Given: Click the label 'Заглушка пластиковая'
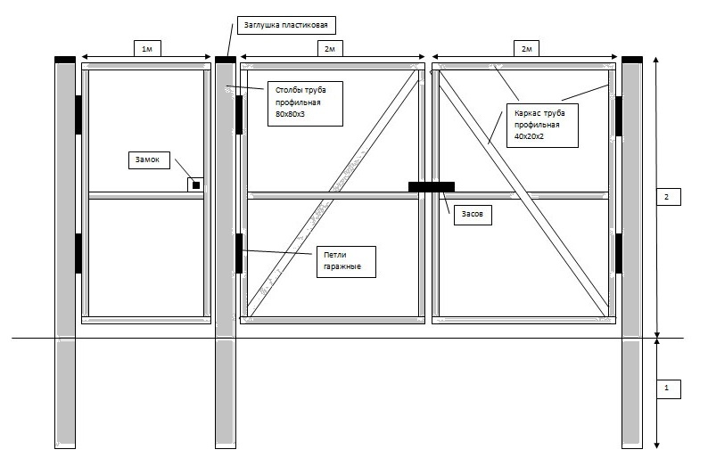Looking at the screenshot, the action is pyautogui.click(x=286, y=25).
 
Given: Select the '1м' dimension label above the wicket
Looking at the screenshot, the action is pyautogui.click(x=147, y=48).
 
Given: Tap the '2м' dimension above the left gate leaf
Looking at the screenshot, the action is pyautogui.click(x=330, y=48).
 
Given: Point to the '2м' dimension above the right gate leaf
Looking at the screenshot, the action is pyautogui.click(x=526, y=48).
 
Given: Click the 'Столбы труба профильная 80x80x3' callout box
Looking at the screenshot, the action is pyautogui.click(x=305, y=103).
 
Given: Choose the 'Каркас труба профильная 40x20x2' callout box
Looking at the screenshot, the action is pyautogui.click(x=542, y=126).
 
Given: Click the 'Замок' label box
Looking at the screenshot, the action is pyautogui.click(x=149, y=159).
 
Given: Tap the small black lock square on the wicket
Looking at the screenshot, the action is pyautogui.click(x=196, y=185).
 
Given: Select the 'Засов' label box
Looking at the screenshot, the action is pyautogui.click(x=473, y=215).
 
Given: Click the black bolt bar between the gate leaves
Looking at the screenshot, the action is pyautogui.click(x=432, y=187).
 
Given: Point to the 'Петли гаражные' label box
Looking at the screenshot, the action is pyautogui.click(x=346, y=262).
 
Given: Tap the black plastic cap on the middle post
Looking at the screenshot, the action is pyautogui.click(x=226, y=60).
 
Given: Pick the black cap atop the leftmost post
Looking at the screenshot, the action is pyautogui.click(x=65, y=60).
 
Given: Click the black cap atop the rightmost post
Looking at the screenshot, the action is pyautogui.click(x=632, y=60).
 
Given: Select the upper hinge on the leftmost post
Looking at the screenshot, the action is pyautogui.click(x=78, y=115).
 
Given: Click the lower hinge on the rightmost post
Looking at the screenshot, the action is pyautogui.click(x=619, y=253).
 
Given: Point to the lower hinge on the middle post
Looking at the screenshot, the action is pyautogui.click(x=239, y=253).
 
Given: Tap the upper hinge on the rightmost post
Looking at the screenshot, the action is pyautogui.click(x=619, y=116).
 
